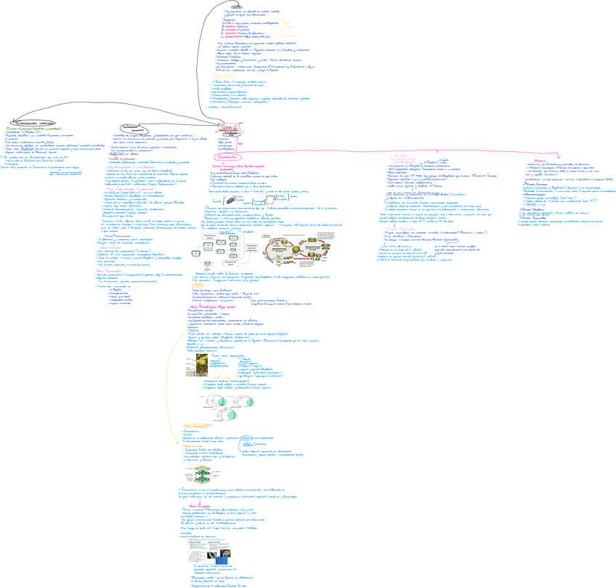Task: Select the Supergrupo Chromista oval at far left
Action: pos(31,124)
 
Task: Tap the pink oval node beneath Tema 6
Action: pos(228,156)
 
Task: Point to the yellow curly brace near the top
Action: pos(276,28)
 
